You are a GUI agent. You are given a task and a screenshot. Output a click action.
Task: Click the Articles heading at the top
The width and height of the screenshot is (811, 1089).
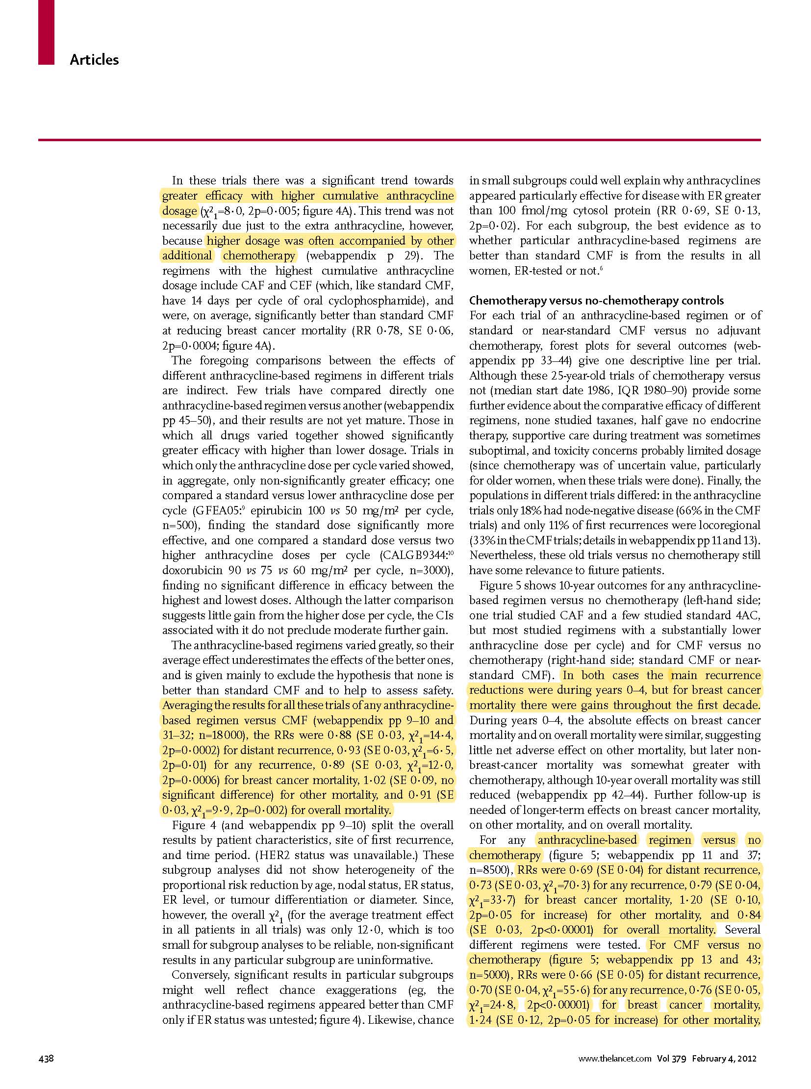click(x=94, y=60)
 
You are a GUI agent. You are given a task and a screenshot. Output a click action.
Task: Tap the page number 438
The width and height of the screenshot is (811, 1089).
click(x=46, y=1058)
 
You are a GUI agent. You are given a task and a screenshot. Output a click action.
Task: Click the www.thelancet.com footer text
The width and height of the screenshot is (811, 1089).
click(x=615, y=1058)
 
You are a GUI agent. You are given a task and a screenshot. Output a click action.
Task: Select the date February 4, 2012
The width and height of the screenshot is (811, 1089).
click(x=724, y=1058)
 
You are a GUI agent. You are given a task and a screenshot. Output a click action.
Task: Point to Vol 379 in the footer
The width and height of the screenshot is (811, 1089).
click(x=672, y=1058)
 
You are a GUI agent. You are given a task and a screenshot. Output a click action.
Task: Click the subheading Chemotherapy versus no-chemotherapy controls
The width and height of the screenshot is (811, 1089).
click(x=596, y=301)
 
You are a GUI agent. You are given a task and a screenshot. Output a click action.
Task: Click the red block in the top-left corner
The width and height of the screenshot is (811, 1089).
click(x=46, y=32)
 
